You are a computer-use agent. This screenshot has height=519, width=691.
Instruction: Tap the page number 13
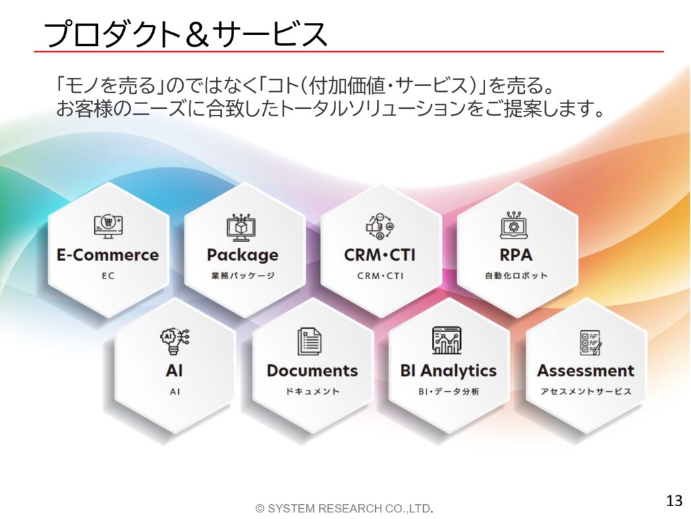[674, 501]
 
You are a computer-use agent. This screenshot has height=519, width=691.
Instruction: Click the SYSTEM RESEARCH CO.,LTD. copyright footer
[344, 508]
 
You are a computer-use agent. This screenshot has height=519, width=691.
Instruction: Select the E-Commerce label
[108, 255]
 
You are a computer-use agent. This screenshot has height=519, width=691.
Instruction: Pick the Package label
[243, 255]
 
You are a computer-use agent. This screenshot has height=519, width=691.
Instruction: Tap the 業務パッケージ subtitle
[243, 276]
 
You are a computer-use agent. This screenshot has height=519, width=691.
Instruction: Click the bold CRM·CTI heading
[379, 255]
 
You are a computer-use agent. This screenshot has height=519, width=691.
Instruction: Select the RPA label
[516, 255]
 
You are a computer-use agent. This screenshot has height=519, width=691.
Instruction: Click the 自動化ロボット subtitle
[516, 276]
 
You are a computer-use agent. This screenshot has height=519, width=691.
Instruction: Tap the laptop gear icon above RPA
[514, 226]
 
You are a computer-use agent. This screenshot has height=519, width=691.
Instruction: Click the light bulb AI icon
[175, 341]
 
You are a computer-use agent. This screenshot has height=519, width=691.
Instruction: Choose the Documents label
[312, 371]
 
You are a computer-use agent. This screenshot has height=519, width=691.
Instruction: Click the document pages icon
[309, 341]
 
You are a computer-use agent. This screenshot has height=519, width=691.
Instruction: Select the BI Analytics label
[448, 371]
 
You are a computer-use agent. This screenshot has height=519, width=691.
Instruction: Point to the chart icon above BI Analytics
[447, 341]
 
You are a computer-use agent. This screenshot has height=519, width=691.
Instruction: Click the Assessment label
[586, 371]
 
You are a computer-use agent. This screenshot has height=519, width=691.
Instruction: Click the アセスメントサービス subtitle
[586, 391]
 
